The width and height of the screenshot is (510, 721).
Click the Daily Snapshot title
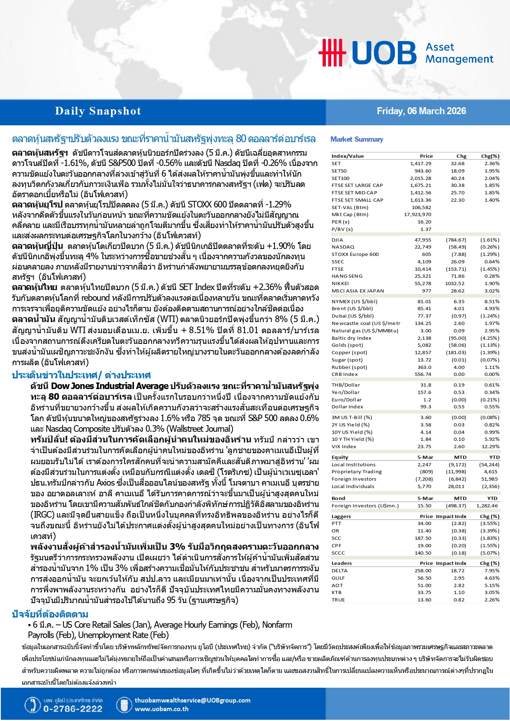tap(98, 111)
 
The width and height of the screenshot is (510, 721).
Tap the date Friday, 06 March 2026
tap(421, 111)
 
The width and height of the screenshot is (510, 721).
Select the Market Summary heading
tap(357, 139)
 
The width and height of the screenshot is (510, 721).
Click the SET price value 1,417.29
tap(420, 164)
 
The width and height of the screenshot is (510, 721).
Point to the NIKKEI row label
tap(340, 283)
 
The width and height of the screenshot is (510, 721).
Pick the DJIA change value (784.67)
tap(456, 240)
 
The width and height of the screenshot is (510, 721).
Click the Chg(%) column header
tap(490, 156)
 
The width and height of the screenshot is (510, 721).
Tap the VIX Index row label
tap(344, 447)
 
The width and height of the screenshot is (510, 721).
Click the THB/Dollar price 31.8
tap(426, 385)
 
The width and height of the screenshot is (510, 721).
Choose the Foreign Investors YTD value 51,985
tap(489, 479)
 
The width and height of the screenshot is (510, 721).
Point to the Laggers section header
tap(341, 516)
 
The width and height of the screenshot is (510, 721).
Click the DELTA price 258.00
tap(423, 571)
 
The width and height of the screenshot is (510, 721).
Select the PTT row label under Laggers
tap(336, 523)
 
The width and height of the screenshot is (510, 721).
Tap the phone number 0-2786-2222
tap(73, 709)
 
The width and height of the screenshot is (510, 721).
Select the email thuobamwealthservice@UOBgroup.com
tap(192, 700)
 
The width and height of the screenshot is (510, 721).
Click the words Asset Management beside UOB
tap(459, 53)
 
